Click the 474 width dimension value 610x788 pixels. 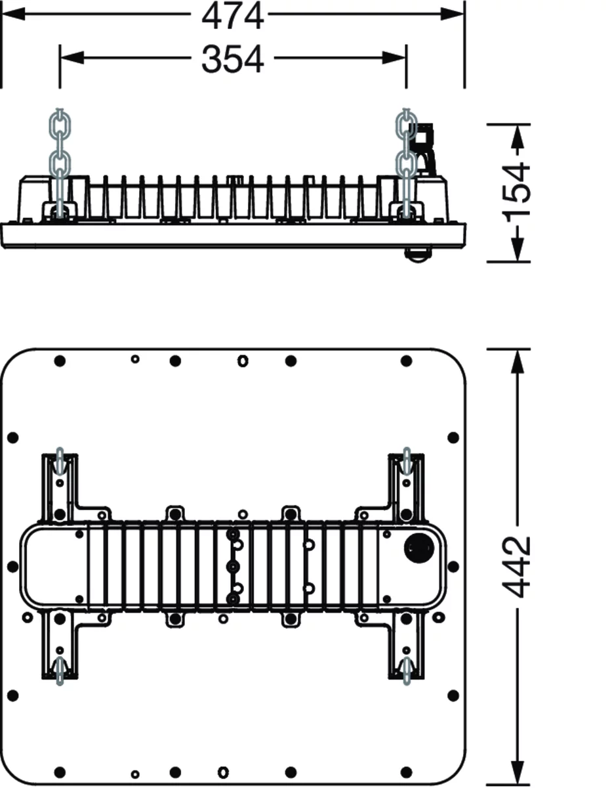[x=233, y=16]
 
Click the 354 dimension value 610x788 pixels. [x=233, y=59]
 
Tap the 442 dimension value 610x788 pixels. [x=518, y=567]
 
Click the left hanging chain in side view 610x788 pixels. [x=60, y=164]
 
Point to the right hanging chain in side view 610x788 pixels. [x=407, y=164]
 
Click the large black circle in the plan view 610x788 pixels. [x=418, y=548]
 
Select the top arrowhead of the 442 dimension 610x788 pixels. [x=518, y=362]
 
